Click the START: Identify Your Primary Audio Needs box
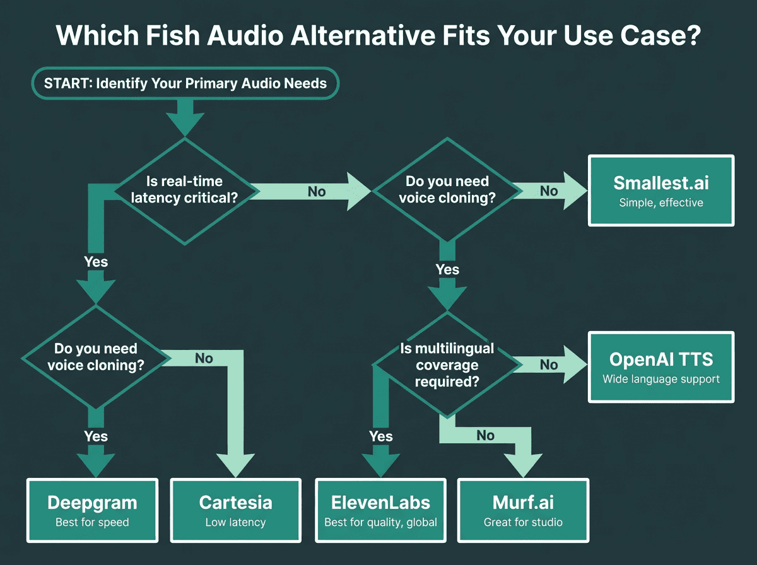click(185, 83)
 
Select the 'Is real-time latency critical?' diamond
click(184, 191)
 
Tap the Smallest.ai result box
click(660, 190)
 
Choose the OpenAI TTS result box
click(660, 367)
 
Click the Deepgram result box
click(92, 511)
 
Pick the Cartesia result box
click(235, 511)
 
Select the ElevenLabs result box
click(380, 511)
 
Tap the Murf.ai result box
click(523, 511)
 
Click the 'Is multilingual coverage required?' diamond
click(447, 364)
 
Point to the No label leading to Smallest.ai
click(549, 191)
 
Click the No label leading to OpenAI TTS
click(549, 364)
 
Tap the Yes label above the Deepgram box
click(96, 436)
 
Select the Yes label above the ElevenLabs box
click(381, 436)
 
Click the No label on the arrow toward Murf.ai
click(485, 436)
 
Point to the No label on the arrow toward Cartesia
click(204, 359)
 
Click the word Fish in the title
click(173, 35)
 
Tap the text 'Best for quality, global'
click(380, 522)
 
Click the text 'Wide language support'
click(660, 379)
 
